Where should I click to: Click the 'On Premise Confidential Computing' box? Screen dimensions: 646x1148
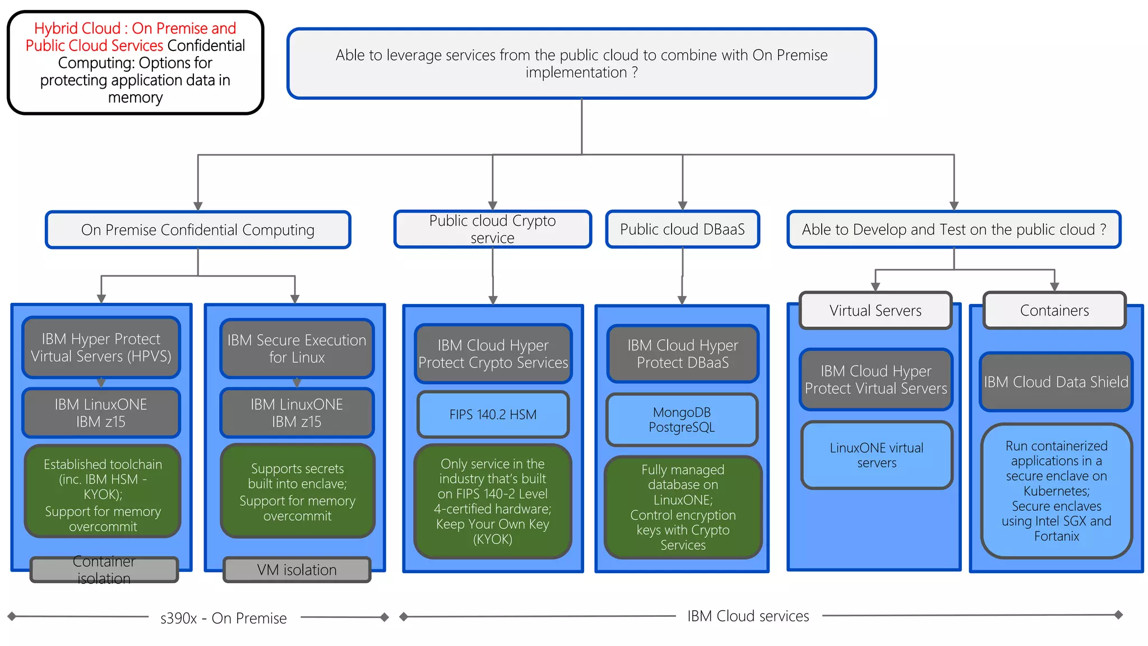click(x=198, y=230)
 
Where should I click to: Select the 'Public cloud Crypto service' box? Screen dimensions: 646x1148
click(x=492, y=229)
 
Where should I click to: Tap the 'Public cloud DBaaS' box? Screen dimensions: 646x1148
click(x=682, y=229)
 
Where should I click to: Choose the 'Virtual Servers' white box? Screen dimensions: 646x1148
click(x=875, y=311)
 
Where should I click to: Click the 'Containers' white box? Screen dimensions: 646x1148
click(x=1054, y=311)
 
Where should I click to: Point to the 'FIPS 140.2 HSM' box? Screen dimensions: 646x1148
click(x=493, y=414)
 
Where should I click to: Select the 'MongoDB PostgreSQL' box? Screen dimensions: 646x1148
click(x=682, y=420)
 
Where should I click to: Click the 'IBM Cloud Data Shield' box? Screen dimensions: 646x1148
click(x=1056, y=382)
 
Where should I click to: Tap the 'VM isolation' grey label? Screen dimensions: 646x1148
click(x=297, y=570)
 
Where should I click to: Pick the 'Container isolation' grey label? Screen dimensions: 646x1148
click(x=104, y=570)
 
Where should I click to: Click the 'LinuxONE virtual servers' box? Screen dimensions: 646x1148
click(x=876, y=455)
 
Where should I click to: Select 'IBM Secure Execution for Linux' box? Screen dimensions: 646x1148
click(x=297, y=348)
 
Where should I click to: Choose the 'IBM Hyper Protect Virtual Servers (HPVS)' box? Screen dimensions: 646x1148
click(x=101, y=348)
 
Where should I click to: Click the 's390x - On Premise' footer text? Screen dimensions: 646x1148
click(x=223, y=618)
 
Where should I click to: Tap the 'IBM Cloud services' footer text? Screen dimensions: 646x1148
click(x=748, y=616)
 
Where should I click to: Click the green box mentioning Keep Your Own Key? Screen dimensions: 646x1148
click(x=492, y=501)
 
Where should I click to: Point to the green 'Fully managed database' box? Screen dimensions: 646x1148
click(x=682, y=507)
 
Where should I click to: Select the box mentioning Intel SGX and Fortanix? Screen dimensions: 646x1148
click(x=1056, y=491)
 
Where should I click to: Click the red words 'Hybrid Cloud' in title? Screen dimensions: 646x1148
click(x=77, y=28)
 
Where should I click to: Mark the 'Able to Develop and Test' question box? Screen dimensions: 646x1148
click(x=953, y=229)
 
